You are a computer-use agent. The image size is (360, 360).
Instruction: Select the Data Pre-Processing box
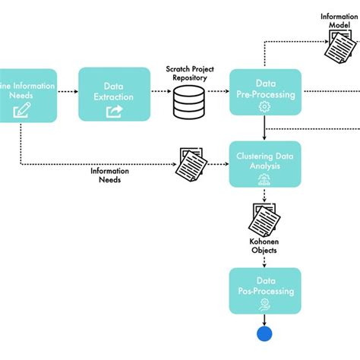tap(265, 92)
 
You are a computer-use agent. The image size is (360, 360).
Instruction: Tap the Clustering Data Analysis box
tap(265, 164)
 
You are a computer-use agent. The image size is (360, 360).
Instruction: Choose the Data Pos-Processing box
tap(265, 291)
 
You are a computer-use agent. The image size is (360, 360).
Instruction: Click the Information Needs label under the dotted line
tap(110, 175)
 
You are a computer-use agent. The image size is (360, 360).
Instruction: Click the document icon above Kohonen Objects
tap(264, 218)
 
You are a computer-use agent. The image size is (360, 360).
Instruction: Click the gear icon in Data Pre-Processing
tap(264, 107)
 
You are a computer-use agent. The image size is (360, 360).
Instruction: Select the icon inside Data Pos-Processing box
tap(264, 303)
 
